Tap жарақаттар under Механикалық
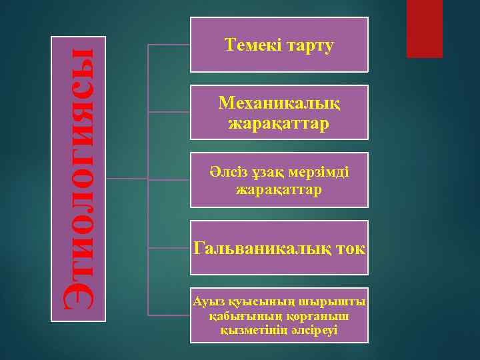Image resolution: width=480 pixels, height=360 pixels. pos(279,124)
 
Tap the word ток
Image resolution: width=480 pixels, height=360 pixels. pos(351,249)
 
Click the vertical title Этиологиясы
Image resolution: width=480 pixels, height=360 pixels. pos(79,179)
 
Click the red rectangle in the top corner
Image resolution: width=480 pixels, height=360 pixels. pos(425,28)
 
